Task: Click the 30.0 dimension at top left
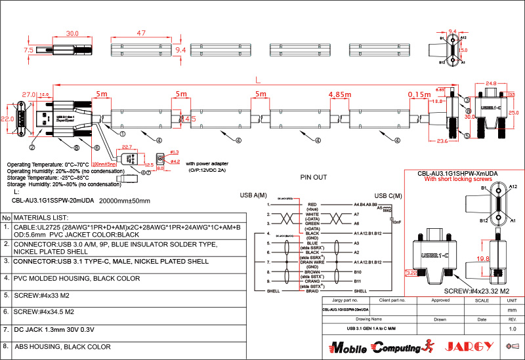tap(72, 33)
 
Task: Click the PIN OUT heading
tap(313, 178)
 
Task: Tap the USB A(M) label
tap(254, 195)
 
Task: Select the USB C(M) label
tap(388, 195)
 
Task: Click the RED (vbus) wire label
tap(312, 207)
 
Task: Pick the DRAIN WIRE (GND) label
tap(312, 266)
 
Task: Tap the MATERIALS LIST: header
tap(41, 217)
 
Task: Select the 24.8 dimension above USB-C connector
tap(490, 83)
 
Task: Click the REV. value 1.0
tap(513, 328)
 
